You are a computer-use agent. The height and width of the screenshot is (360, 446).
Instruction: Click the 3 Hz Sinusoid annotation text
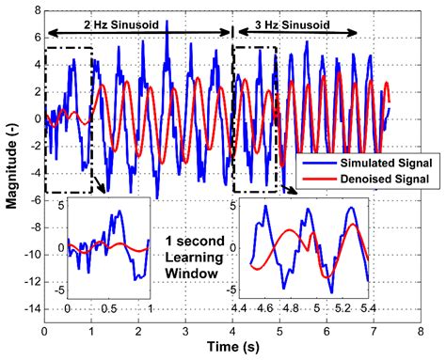[290, 18]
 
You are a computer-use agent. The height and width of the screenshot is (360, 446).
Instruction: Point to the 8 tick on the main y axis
[34, 11]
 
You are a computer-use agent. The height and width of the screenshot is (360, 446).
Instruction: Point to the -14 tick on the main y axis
[29, 320]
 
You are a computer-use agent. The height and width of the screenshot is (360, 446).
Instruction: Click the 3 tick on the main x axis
[185, 332]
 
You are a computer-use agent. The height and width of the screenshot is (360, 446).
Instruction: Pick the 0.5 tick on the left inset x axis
[110, 307]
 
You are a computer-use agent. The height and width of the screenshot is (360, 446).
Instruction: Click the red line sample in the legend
[313, 178]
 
